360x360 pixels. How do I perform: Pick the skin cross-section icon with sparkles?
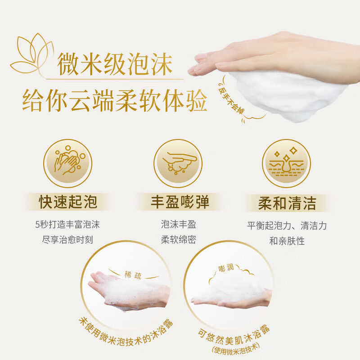click(x=287, y=161)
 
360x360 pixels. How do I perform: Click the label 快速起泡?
click(x=68, y=202)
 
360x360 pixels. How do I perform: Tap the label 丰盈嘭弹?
click(x=180, y=202)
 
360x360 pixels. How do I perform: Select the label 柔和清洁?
click(x=287, y=202)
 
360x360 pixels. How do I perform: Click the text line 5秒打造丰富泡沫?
click(x=67, y=224)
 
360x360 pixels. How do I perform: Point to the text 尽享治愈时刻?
click(x=67, y=239)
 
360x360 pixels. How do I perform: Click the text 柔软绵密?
click(x=179, y=239)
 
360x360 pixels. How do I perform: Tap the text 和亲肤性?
click(x=287, y=241)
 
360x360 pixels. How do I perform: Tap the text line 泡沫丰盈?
click(x=179, y=224)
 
